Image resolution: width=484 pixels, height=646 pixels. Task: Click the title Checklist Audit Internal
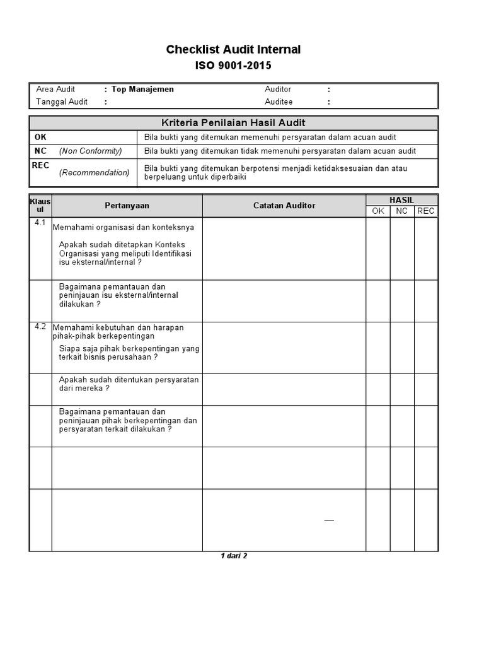[233, 49]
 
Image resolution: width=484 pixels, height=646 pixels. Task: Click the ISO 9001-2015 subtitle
[233, 65]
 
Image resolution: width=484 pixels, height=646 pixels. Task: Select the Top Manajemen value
[142, 90]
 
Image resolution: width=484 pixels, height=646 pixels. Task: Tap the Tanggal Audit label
[62, 102]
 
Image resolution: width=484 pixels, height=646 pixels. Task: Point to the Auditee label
[279, 102]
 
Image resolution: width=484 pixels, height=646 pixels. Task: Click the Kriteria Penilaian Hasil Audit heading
[233, 123]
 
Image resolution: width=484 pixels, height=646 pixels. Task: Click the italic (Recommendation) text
[95, 173]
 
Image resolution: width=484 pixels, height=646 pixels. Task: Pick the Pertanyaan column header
[127, 206]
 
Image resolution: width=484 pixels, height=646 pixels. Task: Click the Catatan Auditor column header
[284, 206]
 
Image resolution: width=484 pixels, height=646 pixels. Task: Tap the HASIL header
[401, 200]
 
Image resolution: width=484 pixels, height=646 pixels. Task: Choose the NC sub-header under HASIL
[401, 211]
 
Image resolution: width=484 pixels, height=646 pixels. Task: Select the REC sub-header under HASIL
[425, 211]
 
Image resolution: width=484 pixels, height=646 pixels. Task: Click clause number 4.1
[40, 223]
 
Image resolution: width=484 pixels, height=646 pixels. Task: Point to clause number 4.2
[40, 326]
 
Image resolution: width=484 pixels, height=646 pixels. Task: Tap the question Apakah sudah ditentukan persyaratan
[129, 384]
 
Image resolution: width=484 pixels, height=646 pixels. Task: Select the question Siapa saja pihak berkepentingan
[129, 352]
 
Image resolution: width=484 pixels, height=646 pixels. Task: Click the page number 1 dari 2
[234, 556]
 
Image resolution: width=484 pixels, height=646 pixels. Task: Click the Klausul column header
[40, 204]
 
